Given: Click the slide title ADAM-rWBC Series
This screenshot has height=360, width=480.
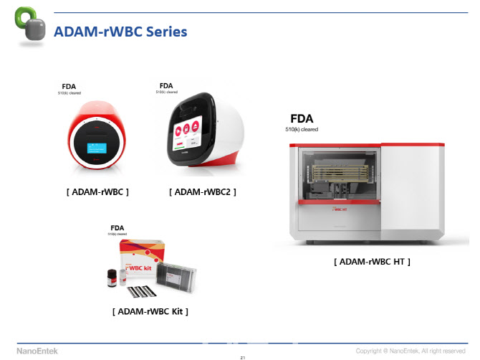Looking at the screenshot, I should [x=121, y=32].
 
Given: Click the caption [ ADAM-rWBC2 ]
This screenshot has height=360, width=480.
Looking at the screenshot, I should [x=203, y=191].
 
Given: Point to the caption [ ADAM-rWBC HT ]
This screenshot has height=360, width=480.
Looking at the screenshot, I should [x=372, y=262].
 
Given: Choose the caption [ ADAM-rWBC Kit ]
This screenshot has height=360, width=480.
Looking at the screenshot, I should [x=150, y=311].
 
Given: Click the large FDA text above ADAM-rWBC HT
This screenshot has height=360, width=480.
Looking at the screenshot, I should [x=302, y=118].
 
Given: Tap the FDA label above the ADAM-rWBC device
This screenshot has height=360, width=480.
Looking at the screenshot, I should [x=69, y=87].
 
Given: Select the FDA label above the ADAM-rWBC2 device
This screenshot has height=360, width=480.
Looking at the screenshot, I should [x=166, y=85].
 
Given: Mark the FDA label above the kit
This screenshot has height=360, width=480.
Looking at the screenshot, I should [x=117, y=228].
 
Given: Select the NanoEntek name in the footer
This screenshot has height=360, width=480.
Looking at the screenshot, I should [x=37, y=350].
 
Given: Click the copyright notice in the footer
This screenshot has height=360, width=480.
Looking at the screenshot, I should [x=421, y=351].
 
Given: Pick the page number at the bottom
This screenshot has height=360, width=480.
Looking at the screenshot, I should [x=243, y=356].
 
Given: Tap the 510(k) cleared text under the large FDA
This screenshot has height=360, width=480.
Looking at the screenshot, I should [x=302, y=129].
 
